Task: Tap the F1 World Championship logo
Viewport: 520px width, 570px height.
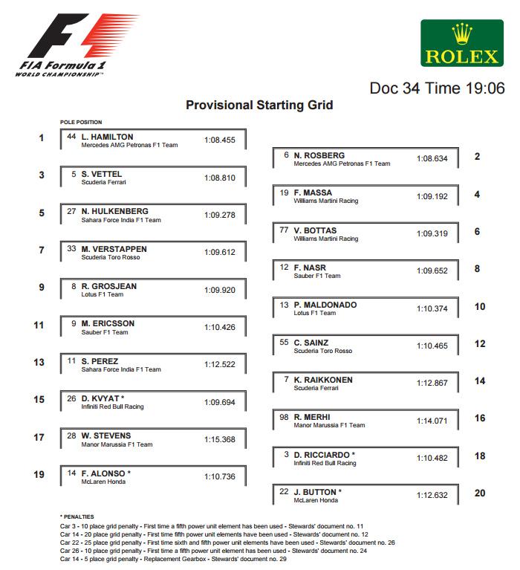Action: pos(71,45)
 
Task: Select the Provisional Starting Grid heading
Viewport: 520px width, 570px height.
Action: pos(259,105)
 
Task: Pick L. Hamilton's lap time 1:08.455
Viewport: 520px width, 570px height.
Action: pos(219,139)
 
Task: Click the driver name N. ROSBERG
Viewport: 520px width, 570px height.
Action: pos(319,155)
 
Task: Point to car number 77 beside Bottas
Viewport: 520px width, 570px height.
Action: pos(284,230)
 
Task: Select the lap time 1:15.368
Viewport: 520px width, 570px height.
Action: pos(219,439)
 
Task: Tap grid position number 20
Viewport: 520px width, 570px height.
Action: pos(479,493)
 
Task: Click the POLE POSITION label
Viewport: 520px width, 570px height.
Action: pos(81,122)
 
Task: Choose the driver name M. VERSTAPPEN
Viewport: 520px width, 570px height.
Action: pos(114,249)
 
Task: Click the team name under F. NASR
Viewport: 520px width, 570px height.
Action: pos(317,276)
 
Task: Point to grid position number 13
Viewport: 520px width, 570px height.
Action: pos(39,362)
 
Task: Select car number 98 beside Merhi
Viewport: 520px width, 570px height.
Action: pos(284,417)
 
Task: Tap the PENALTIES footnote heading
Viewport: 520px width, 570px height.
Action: pos(77,516)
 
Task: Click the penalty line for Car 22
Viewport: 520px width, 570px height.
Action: pos(227,543)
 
